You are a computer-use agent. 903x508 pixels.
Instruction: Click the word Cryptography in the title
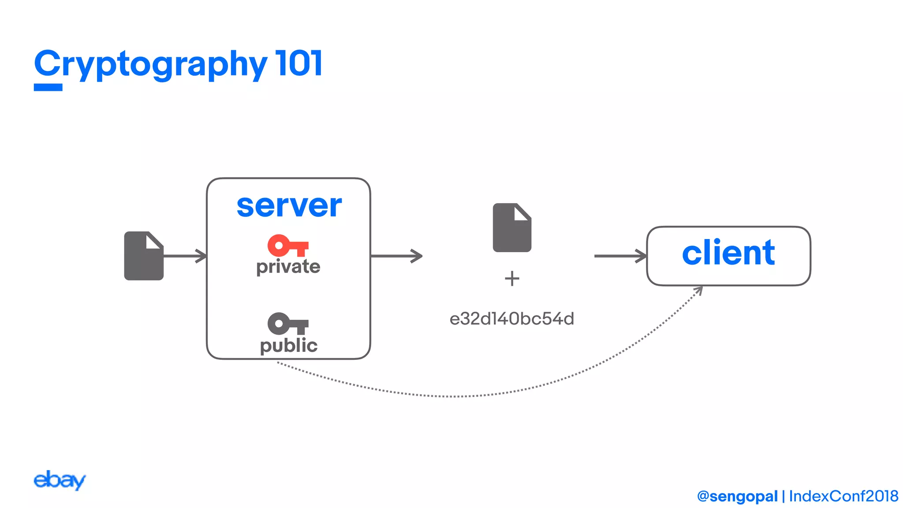pyautogui.click(x=150, y=64)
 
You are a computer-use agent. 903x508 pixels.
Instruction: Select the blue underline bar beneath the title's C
pyautogui.click(x=48, y=87)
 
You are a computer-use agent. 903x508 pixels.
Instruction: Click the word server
pyautogui.click(x=289, y=205)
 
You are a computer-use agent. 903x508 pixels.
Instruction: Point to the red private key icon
pyautogui.click(x=287, y=246)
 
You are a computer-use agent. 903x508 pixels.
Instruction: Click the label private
pyautogui.click(x=288, y=267)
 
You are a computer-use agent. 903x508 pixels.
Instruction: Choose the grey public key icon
pyautogui.click(x=287, y=324)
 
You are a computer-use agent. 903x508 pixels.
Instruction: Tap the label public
pyautogui.click(x=288, y=345)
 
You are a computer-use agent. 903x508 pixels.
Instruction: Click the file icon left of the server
pyautogui.click(x=144, y=256)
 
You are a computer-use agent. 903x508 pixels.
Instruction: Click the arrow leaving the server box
pyautogui.click(x=397, y=256)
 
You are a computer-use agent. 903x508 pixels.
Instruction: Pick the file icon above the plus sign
pyautogui.click(x=511, y=228)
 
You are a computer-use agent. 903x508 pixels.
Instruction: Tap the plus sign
pyautogui.click(x=512, y=279)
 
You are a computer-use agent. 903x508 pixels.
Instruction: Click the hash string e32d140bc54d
pyautogui.click(x=511, y=319)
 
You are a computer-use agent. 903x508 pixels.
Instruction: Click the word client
pyautogui.click(x=728, y=253)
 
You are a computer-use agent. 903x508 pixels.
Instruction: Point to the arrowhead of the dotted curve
pyautogui.click(x=699, y=290)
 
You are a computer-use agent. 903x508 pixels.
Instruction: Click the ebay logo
pyautogui.click(x=60, y=480)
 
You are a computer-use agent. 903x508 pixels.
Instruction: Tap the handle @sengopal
pyautogui.click(x=737, y=496)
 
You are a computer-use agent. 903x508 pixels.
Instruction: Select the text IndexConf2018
pyautogui.click(x=843, y=496)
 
